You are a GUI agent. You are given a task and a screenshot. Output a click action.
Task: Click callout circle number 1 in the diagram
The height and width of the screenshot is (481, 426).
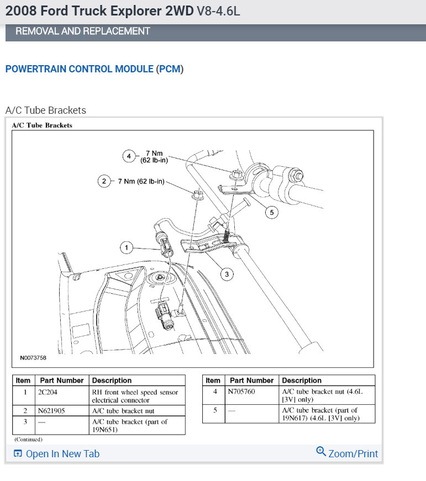coord(127,247)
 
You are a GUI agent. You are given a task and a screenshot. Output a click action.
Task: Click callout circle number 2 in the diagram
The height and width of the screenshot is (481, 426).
coord(103,181)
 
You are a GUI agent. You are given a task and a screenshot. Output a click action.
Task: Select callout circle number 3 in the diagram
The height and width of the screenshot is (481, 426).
coord(225,273)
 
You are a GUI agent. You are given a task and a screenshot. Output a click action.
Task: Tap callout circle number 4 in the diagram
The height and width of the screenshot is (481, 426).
coord(129,156)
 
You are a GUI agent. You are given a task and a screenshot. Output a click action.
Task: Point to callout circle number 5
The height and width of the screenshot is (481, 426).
coord(271,212)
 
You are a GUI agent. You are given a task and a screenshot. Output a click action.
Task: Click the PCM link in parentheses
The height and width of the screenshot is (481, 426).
coord(170,69)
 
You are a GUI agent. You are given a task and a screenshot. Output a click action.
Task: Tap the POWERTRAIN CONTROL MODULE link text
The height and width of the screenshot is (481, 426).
coord(79,69)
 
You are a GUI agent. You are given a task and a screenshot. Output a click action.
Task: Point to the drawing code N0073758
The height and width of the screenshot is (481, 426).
coord(33,358)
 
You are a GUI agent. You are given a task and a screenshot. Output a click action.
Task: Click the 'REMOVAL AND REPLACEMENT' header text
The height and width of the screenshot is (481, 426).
coord(83,31)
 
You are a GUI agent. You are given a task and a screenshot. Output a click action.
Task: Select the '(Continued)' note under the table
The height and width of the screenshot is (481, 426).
coord(28,440)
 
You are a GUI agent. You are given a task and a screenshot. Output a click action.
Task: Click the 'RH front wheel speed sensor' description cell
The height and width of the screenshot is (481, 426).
coord(135,392)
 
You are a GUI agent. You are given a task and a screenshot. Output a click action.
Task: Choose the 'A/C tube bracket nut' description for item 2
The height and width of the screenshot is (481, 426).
coord(123,410)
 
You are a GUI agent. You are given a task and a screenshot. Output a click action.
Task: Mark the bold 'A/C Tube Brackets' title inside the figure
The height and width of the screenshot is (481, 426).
coord(42,125)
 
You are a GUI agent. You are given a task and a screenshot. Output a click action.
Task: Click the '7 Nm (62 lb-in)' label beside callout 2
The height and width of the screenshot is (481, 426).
coord(141,181)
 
